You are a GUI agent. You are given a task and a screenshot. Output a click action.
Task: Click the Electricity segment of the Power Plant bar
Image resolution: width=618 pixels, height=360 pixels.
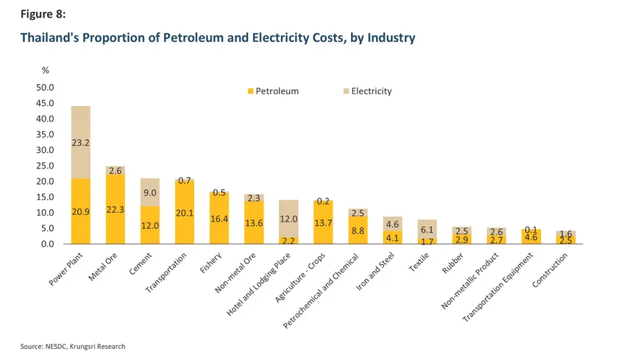80,142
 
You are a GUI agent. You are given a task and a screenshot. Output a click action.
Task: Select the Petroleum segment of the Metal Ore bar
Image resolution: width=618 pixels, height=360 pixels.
116,210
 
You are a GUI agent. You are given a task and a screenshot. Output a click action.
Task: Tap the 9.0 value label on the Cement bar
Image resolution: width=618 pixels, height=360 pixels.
149,194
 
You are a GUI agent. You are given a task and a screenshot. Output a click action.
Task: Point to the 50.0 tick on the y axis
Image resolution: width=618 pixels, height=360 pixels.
46,88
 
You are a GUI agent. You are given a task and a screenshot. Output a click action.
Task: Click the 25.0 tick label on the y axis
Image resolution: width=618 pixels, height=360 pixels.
46,166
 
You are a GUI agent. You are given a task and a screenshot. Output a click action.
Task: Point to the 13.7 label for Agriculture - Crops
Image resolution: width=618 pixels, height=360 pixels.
323,222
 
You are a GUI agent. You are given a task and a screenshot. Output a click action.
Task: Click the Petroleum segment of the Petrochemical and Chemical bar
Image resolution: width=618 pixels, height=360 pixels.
358,230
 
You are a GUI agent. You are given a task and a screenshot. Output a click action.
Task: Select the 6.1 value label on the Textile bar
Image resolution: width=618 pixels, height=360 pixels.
427,230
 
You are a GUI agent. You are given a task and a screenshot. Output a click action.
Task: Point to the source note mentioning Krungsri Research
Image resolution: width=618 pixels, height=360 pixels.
73,346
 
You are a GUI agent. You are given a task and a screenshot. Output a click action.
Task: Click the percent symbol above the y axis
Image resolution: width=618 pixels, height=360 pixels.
45,71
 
